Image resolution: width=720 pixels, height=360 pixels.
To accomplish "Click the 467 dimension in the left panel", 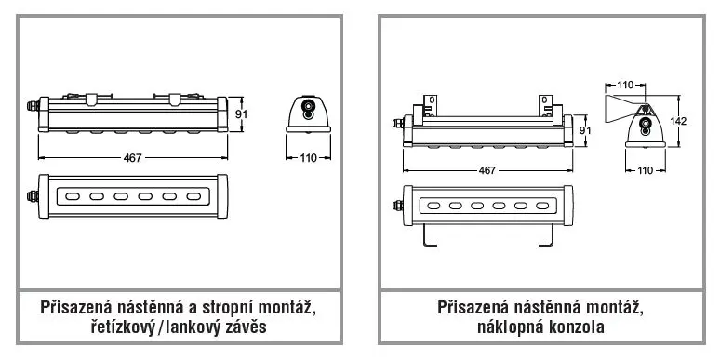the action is click(133, 158).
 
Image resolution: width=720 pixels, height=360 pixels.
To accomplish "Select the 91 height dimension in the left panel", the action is click(241, 113).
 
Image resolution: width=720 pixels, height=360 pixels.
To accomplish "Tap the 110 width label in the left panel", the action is click(309, 158).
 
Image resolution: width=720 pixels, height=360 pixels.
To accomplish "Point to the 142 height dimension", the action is click(678, 121).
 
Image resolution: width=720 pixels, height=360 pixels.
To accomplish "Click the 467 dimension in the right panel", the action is click(487, 170).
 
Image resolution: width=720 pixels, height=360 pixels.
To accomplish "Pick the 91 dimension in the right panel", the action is click(584, 130).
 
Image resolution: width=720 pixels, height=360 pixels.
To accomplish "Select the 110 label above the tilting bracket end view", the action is click(625, 85).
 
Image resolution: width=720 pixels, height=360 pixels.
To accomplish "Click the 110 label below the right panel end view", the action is click(646, 170).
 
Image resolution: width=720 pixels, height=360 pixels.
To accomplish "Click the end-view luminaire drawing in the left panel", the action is click(308, 113).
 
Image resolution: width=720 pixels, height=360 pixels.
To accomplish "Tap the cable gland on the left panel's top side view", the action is click(33, 106).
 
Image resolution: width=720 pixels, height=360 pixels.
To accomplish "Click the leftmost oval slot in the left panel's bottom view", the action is click(72, 196).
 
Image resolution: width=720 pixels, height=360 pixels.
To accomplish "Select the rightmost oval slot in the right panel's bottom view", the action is click(542, 206).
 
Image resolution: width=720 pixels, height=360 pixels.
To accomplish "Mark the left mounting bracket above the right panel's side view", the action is click(425, 110).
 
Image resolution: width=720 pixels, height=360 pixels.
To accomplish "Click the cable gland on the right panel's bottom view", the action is click(397, 205).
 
